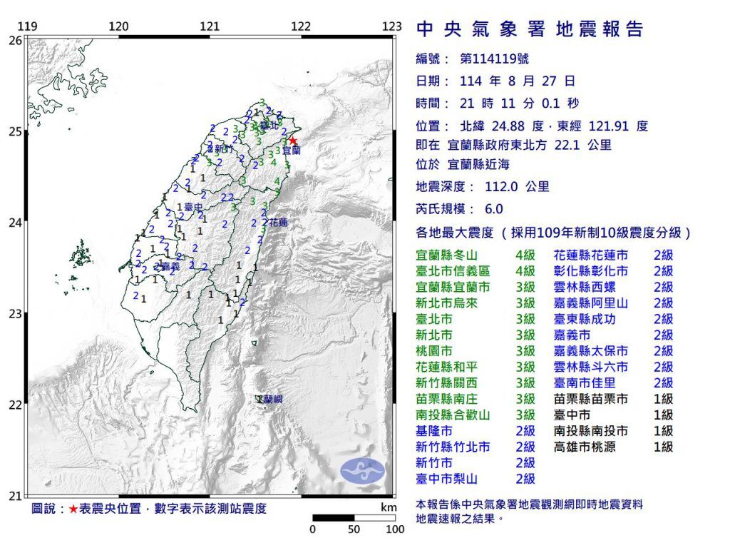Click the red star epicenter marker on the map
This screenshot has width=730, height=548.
[292, 141]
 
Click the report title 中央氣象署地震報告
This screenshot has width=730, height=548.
[529, 29]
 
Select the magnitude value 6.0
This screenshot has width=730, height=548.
[493, 209]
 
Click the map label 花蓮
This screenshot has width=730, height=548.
[277, 223]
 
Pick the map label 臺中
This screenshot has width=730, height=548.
[195, 207]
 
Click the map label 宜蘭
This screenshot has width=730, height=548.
[291, 151]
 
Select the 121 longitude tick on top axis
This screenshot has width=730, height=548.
[210, 27]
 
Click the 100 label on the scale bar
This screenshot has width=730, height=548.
[395, 529]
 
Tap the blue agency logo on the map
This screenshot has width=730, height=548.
[362, 470]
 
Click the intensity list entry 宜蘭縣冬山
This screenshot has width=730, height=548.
[447, 255]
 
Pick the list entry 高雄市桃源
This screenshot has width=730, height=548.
[585, 447]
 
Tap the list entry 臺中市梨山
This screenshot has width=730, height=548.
[447, 479]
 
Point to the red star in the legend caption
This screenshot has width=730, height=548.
[73, 509]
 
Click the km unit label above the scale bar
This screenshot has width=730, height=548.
[389, 507]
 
